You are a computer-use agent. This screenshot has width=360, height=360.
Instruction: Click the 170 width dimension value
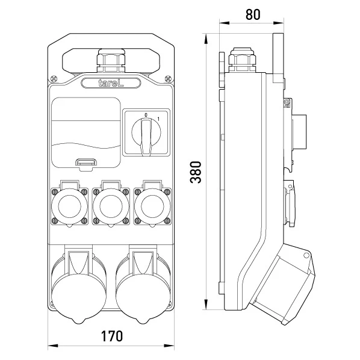[x=112, y=336]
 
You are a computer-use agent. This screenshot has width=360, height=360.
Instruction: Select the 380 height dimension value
[x=196, y=172]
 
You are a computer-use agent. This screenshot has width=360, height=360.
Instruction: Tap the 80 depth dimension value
[x=253, y=14]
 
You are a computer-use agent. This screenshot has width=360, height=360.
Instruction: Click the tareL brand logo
[x=111, y=83]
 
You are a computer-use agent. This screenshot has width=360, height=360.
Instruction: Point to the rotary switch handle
[x=146, y=137]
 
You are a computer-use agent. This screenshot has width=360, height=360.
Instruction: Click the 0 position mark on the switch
[x=146, y=115]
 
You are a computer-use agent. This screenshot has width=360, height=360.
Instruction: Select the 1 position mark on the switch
[x=158, y=119]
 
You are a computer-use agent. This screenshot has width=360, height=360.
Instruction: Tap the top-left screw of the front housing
[x=54, y=79]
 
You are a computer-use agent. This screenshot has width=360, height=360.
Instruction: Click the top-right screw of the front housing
[x=169, y=79]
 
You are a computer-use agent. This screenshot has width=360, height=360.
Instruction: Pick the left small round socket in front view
[x=70, y=206]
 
